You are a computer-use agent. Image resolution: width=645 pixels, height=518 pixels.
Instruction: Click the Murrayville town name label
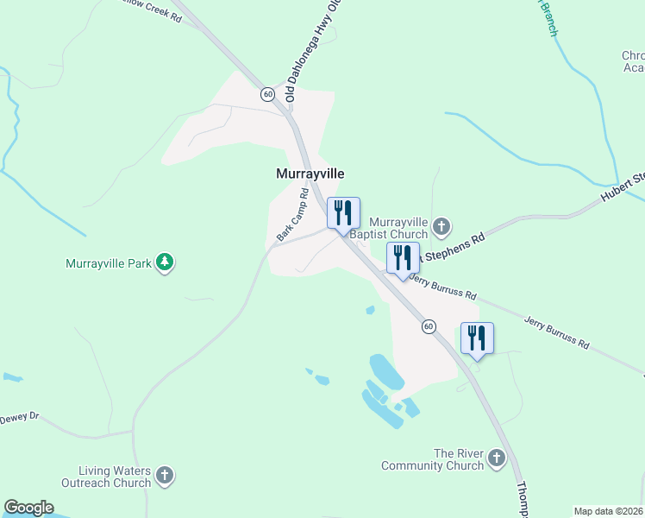coord(310,174)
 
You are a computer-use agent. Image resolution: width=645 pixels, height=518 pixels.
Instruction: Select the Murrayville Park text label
coord(109,263)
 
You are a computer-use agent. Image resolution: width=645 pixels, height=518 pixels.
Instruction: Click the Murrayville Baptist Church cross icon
coord(441,227)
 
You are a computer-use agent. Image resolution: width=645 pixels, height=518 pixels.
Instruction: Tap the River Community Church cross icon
coord(497,458)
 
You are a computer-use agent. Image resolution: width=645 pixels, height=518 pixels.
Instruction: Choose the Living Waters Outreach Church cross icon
coord(165,476)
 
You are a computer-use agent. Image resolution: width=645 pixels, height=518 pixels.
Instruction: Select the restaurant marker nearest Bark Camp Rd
coord(343,213)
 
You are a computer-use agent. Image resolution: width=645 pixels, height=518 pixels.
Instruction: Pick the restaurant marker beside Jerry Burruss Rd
coord(403,258)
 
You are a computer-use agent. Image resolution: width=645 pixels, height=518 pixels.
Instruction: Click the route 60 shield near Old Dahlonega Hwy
coord(269,93)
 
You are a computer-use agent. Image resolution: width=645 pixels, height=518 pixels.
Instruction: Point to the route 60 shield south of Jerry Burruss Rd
coord(428,326)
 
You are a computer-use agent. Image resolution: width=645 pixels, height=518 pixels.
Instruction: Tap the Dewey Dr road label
coord(20,416)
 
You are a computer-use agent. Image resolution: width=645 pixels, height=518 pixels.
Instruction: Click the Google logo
coord(28,508)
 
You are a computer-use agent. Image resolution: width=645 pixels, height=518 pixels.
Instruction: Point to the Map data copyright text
coord(608,511)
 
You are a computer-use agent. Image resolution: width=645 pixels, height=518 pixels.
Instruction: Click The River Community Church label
coord(433,459)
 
